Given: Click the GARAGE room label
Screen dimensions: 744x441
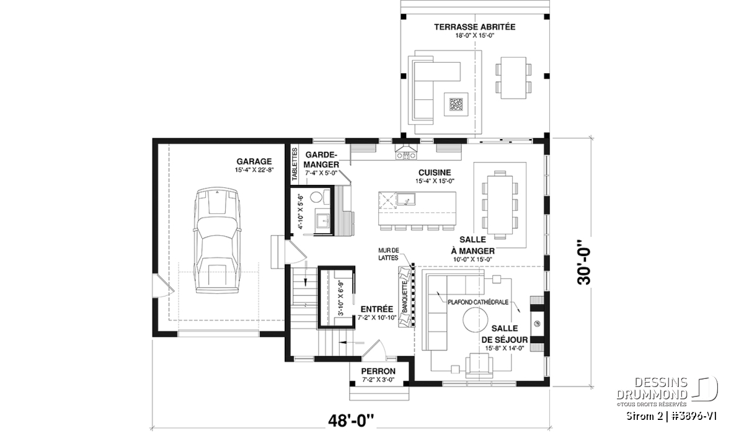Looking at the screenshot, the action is click(x=254, y=161).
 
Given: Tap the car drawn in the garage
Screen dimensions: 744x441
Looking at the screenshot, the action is click(x=217, y=240).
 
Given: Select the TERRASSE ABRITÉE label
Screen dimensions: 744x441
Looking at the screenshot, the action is click(x=475, y=27).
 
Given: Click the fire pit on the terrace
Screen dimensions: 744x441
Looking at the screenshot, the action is click(x=456, y=104).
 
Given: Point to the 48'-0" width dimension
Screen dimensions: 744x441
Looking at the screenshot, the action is click(x=351, y=421).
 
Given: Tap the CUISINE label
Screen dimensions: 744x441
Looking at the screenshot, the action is click(x=435, y=172).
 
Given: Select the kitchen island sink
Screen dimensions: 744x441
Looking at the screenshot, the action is click(x=406, y=198).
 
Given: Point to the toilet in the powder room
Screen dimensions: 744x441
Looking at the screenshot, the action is click(x=317, y=197).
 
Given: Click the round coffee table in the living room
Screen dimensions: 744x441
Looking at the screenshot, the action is click(x=476, y=319).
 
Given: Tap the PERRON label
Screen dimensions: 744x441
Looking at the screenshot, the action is click(x=378, y=371).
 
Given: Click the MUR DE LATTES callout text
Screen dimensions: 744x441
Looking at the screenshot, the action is click(x=389, y=254).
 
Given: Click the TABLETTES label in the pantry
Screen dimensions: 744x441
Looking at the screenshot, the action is click(x=294, y=164).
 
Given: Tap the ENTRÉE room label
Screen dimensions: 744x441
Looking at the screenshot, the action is click(x=377, y=309).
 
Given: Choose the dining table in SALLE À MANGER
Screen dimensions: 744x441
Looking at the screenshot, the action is click(x=500, y=205).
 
